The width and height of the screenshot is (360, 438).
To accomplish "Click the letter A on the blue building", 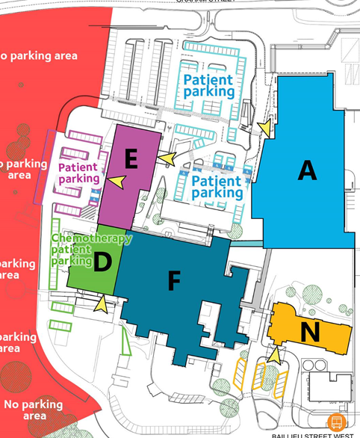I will click(307, 170).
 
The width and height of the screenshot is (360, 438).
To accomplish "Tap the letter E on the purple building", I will click(131, 158).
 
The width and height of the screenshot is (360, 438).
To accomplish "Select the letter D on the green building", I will click(104, 262).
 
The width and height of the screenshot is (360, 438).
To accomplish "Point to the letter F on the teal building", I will click(174, 281).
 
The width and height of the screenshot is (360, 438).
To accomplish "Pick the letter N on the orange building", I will click(310, 331).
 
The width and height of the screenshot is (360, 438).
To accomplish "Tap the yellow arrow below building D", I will click(100, 303).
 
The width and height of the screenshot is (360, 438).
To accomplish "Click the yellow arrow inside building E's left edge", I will click(116, 180).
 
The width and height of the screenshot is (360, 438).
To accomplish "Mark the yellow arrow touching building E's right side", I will click(167, 158).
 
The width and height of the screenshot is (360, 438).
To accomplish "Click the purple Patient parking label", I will click(78, 173).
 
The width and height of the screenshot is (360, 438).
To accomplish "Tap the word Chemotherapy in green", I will click(91, 238).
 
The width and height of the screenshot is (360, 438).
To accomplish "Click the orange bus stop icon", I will click(336, 422).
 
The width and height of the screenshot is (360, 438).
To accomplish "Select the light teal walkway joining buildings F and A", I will click(247, 243).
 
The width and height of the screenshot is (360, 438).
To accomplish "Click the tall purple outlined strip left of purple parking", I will click(43, 166).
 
